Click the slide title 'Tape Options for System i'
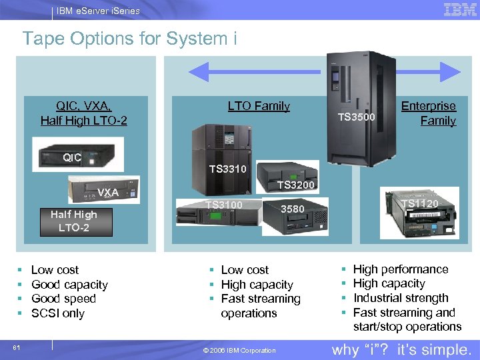129,39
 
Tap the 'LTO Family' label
259,105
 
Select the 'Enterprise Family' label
429,113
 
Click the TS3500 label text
357,117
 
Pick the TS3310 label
228,169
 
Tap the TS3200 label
295,185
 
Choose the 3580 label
292,209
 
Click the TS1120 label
419,203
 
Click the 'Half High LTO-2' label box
74,221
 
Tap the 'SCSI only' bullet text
58,313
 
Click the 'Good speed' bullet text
63,299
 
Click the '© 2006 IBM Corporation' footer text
239,351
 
